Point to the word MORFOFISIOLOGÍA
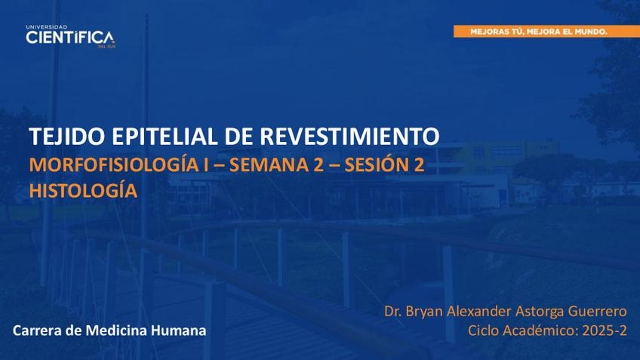point(113,164)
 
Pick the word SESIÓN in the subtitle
point(376,165)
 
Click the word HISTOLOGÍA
point(83,190)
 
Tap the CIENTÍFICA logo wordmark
point(69,38)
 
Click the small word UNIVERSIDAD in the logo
point(47,27)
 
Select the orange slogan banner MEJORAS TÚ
point(546,32)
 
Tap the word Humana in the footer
point(179,331)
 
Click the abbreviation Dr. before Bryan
point(392,312)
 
